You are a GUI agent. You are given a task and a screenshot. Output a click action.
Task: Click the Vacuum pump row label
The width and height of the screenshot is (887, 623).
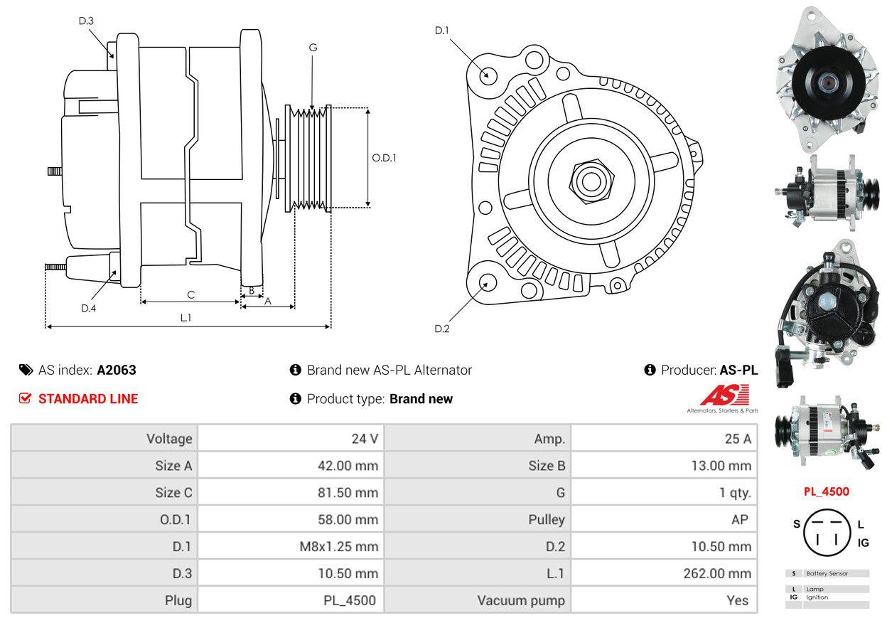click(x=521, y=600)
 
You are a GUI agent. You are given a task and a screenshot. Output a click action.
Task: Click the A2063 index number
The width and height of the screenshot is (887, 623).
click(x=117, y=370)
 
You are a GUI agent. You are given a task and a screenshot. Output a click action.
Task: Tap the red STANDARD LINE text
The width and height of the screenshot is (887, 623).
click(x=87, y=399)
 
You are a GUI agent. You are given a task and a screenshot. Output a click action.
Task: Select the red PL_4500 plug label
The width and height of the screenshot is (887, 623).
click(x=826, y=491)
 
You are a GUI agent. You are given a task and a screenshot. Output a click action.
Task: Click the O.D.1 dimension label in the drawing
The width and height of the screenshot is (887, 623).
click(x=384, y=158)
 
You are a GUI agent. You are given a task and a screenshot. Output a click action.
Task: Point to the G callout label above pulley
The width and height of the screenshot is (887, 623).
click(x=313, y=48)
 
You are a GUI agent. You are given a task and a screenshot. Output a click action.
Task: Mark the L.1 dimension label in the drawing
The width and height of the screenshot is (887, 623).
click(x=186, y=318)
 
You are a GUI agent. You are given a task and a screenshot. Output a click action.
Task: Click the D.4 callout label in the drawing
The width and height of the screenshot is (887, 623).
click(x=88, y=308)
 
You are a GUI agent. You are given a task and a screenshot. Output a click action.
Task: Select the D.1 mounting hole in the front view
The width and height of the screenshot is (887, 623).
click(x=488, y=75)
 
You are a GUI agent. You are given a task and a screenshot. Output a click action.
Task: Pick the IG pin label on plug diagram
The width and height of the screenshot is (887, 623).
click(x=863, y=543)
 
